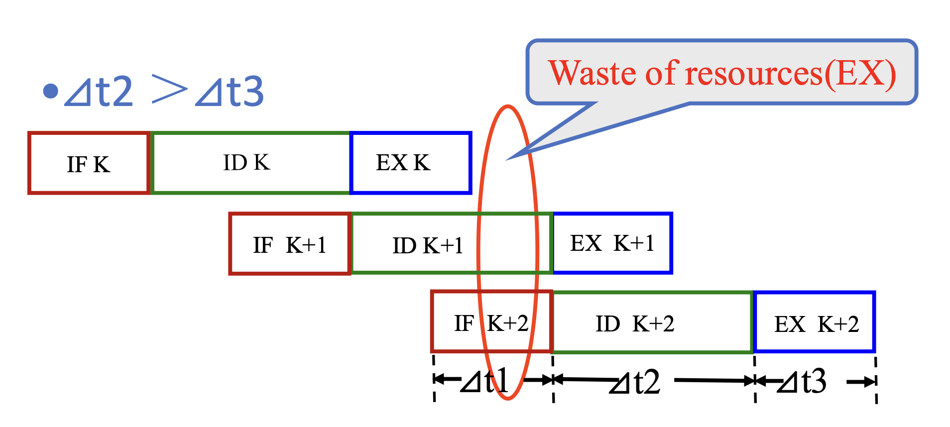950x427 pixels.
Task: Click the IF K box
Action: tap(89, 163)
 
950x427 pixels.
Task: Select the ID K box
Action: tap(250, 163)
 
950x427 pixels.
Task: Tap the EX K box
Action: tap(411, 163)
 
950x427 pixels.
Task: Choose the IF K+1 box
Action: tap(290, 244)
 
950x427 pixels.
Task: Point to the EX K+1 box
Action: tap(612, 243)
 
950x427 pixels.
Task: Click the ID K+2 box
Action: tap(653, 322)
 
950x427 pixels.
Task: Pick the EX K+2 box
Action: tap(815, 322)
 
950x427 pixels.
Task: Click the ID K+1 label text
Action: tap(428, 245)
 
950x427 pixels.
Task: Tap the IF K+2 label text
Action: tap(491, 323)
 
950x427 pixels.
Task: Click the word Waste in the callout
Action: tap(593, 74)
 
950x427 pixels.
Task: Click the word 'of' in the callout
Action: tap(662, 74)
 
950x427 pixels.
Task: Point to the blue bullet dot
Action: tap(51, 91)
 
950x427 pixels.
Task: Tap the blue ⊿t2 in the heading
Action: tap(100, 92)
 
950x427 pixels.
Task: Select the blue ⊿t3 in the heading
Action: tap(230, 92)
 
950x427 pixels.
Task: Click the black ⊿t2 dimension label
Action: tap(635, 382)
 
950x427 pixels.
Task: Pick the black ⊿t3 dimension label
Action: tap(802, 382)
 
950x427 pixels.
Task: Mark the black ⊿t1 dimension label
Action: tap(484, 381)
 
